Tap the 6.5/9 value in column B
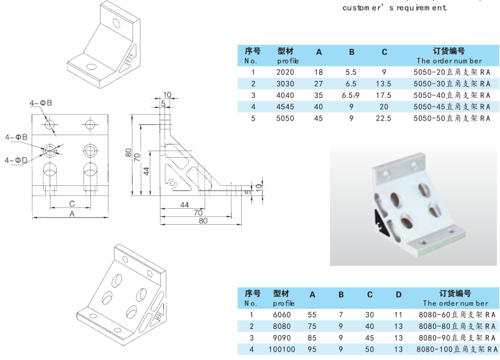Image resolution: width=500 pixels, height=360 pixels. [x=351, y=95]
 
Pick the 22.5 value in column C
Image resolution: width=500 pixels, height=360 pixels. [x=384, y=118]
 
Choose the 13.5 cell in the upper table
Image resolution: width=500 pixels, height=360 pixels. [x=384, y=83]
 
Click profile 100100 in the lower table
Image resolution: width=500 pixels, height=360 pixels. [x=281, y=349]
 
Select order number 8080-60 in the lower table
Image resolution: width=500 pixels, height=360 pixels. [x=456, y=314]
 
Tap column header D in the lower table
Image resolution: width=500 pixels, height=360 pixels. [x=398, y=295]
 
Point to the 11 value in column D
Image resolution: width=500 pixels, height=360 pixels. [x=398, y=314]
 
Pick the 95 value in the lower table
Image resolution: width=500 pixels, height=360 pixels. [x=312, y=349]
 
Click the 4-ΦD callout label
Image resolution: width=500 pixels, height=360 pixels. [x=16, y=160]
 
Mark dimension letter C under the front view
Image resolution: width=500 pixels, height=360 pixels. [x=71, y=203]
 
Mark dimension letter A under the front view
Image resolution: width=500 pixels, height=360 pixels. [x=71, y=214]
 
